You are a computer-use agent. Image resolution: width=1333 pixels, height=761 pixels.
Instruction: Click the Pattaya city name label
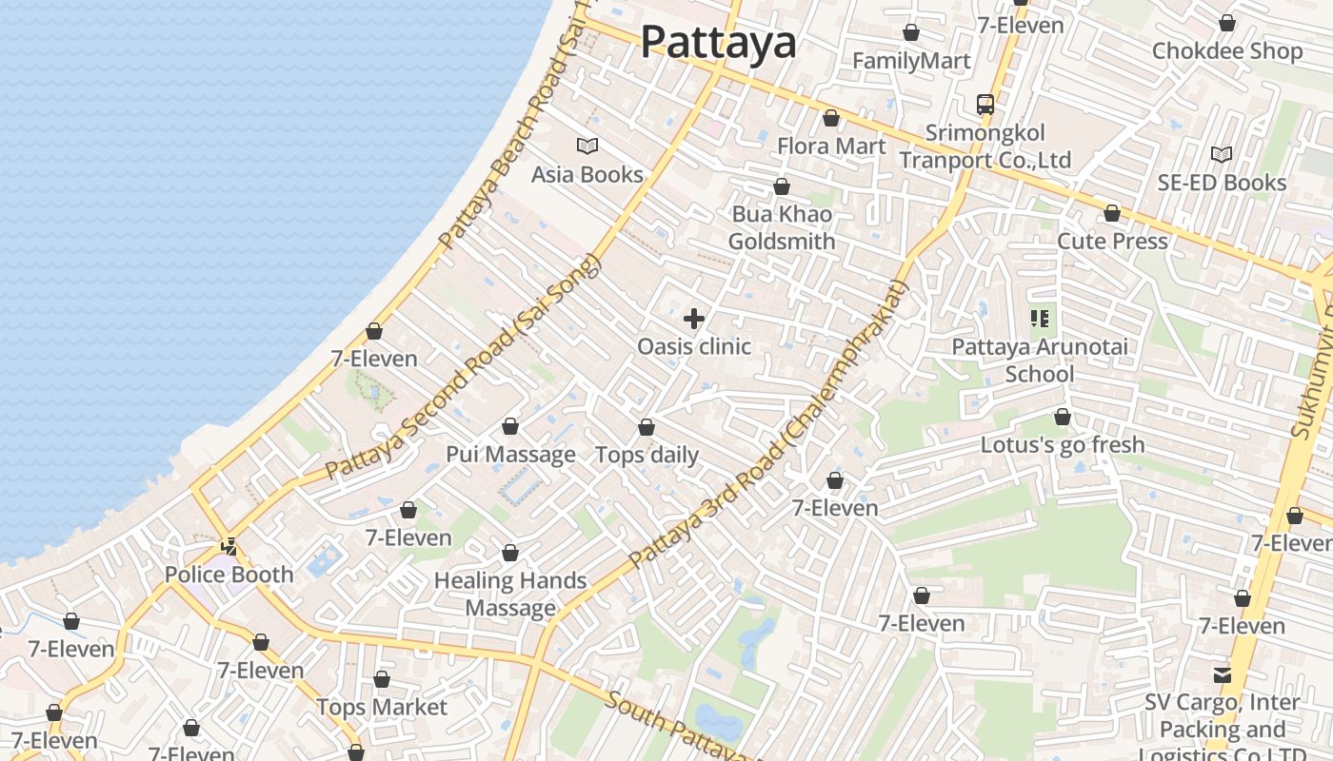pos(718,42)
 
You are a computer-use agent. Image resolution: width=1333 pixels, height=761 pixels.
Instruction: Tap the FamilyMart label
pos(911,61)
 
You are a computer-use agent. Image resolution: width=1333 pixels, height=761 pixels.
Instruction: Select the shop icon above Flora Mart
pos(831,119)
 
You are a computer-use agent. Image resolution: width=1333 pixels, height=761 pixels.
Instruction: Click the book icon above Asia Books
pos(587,146)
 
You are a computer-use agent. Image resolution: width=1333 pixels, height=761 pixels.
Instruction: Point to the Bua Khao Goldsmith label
pos(782,227)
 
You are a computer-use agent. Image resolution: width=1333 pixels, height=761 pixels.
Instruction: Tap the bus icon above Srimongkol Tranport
pos(985,104)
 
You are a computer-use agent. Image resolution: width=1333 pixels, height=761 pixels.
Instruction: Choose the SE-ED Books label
pos(1222,183)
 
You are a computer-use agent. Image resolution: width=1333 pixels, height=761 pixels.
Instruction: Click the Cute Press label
pos(1112,241)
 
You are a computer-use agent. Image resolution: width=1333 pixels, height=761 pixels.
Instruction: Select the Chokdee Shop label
pos(1227,50)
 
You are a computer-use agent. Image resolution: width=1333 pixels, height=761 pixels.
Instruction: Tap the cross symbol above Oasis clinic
pos(694,319)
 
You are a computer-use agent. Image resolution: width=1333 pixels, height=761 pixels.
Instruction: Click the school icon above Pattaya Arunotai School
pos(1040,319)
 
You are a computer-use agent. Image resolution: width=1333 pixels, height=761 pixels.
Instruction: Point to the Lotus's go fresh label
pos(1063,444)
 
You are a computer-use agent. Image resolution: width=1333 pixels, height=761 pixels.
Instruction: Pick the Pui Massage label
pos(510,455)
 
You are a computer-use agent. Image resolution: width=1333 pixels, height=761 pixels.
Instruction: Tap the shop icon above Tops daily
pos(647,428)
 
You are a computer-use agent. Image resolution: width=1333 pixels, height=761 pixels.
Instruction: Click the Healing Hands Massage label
pos(510,594)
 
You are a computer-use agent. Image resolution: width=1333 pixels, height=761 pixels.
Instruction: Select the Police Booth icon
pos(229,547)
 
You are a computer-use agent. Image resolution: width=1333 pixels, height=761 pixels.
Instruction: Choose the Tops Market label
pos(381,707)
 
